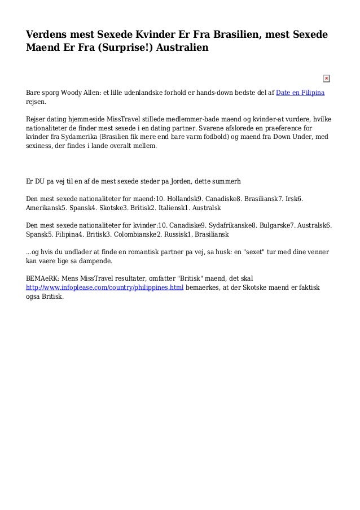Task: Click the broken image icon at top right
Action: point(326,78)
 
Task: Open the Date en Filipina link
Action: point(300,93)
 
